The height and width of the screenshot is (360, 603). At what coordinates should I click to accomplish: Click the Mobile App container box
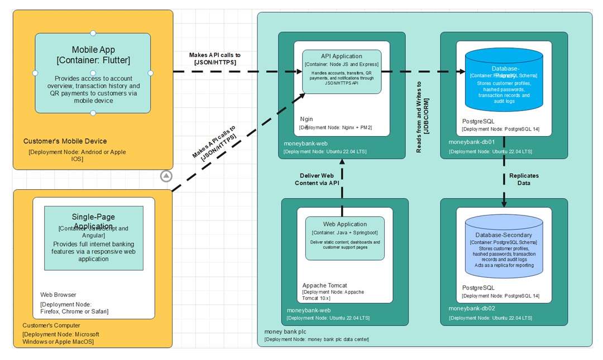93,73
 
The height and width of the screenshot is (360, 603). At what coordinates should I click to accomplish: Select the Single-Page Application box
93,238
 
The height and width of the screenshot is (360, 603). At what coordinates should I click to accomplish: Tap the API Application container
342,71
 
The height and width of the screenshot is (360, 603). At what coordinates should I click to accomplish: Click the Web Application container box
344,238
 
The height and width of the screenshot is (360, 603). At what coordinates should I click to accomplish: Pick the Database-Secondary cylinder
504,251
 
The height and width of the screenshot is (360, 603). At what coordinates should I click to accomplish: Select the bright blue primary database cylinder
504,80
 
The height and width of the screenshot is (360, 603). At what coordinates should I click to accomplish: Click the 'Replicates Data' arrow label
524,179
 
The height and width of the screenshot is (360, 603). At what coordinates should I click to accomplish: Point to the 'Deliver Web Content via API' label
317,179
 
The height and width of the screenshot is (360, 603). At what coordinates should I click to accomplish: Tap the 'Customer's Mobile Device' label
65,141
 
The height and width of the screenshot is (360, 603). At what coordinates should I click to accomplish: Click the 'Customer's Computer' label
51,325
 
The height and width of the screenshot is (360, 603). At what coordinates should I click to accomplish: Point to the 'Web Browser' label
58,295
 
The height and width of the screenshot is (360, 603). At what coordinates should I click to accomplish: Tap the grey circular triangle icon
166,176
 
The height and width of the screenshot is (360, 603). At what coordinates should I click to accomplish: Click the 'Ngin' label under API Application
307,119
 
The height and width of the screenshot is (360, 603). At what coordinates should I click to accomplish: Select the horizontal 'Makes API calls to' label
214,55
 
